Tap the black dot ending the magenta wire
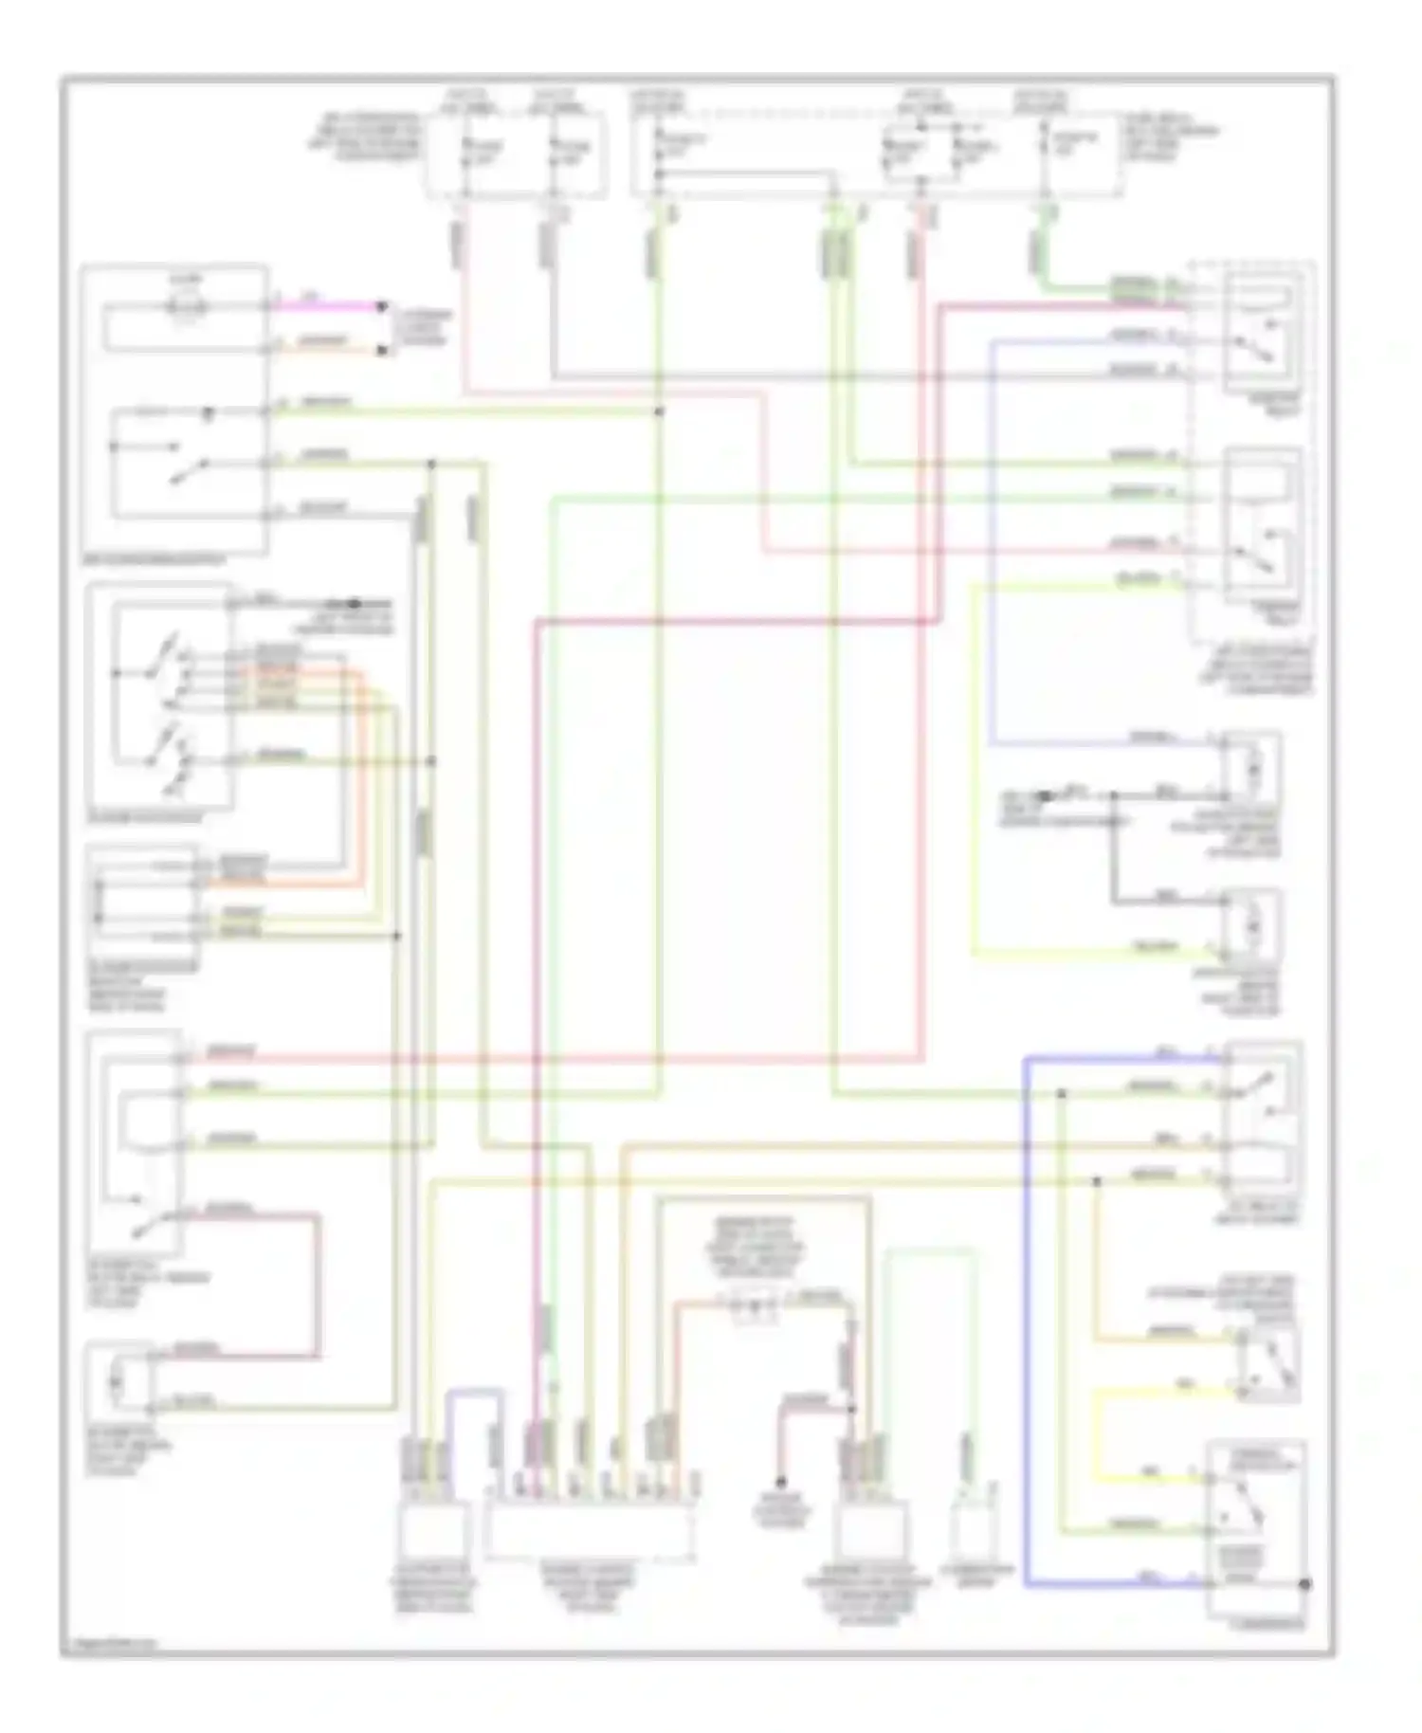click(382, 306)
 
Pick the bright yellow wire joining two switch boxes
click(1098, 1432)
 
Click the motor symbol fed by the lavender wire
click(1250, 765)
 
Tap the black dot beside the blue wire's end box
click(1305, 1584)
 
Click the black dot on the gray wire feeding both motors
click(1115, 795)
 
